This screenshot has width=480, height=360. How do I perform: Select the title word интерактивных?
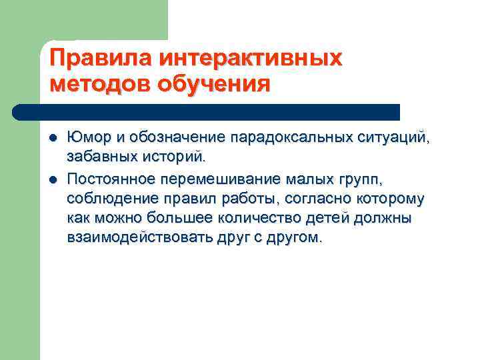pyautogui.click(x=250, y=58)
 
